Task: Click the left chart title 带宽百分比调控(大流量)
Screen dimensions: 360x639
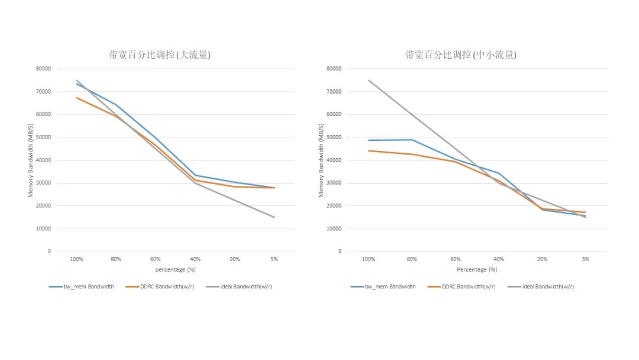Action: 160,55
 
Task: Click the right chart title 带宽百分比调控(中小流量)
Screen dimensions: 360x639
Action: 461,55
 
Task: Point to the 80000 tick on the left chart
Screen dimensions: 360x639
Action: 43,69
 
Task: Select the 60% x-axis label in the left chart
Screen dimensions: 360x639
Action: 156,259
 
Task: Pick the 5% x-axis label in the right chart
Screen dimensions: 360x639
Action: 585,259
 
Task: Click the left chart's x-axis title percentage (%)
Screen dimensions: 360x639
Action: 175,269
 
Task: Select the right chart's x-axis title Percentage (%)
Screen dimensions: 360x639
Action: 476,269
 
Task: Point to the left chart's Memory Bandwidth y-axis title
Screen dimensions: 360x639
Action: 30,160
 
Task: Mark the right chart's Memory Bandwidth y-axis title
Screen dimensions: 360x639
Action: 321,160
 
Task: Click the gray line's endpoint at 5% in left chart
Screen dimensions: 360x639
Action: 274,217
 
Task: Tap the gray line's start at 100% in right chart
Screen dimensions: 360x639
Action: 369,81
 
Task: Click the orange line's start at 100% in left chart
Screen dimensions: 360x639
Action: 77,98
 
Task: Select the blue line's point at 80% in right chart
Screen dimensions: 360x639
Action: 412,140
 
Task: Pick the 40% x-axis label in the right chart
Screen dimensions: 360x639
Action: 499,259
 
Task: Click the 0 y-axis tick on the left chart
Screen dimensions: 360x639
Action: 50,252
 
